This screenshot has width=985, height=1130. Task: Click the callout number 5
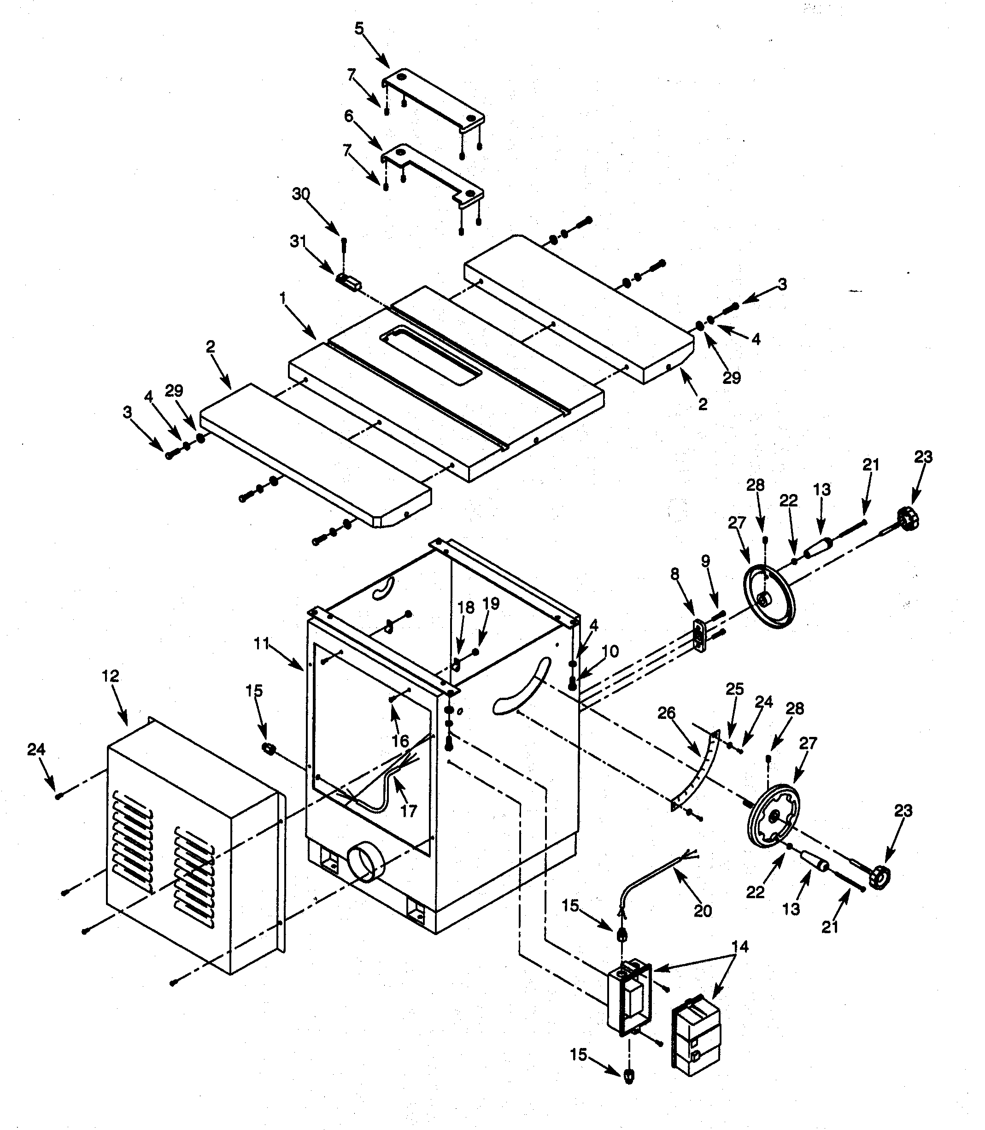click(x=359, y=29)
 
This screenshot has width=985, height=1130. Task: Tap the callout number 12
click(x=111, y=677)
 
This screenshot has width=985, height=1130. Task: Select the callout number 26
click(x=666, y=714)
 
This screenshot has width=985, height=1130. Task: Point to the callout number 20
click(x=703, y=911)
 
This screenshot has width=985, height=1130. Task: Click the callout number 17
click(x=408, y=811)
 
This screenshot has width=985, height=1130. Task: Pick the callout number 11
click(x=262, y=643)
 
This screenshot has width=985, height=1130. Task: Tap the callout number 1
click(x=282, y=299)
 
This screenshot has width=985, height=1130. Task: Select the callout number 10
click(x=610, y=652)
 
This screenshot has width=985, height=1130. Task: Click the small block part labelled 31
click(x=348, y=282)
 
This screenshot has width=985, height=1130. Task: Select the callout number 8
click(x=674, y=574)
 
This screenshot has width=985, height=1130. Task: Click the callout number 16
click(x=400, y=741)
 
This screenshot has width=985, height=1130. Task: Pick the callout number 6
click(x=348, y=116)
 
